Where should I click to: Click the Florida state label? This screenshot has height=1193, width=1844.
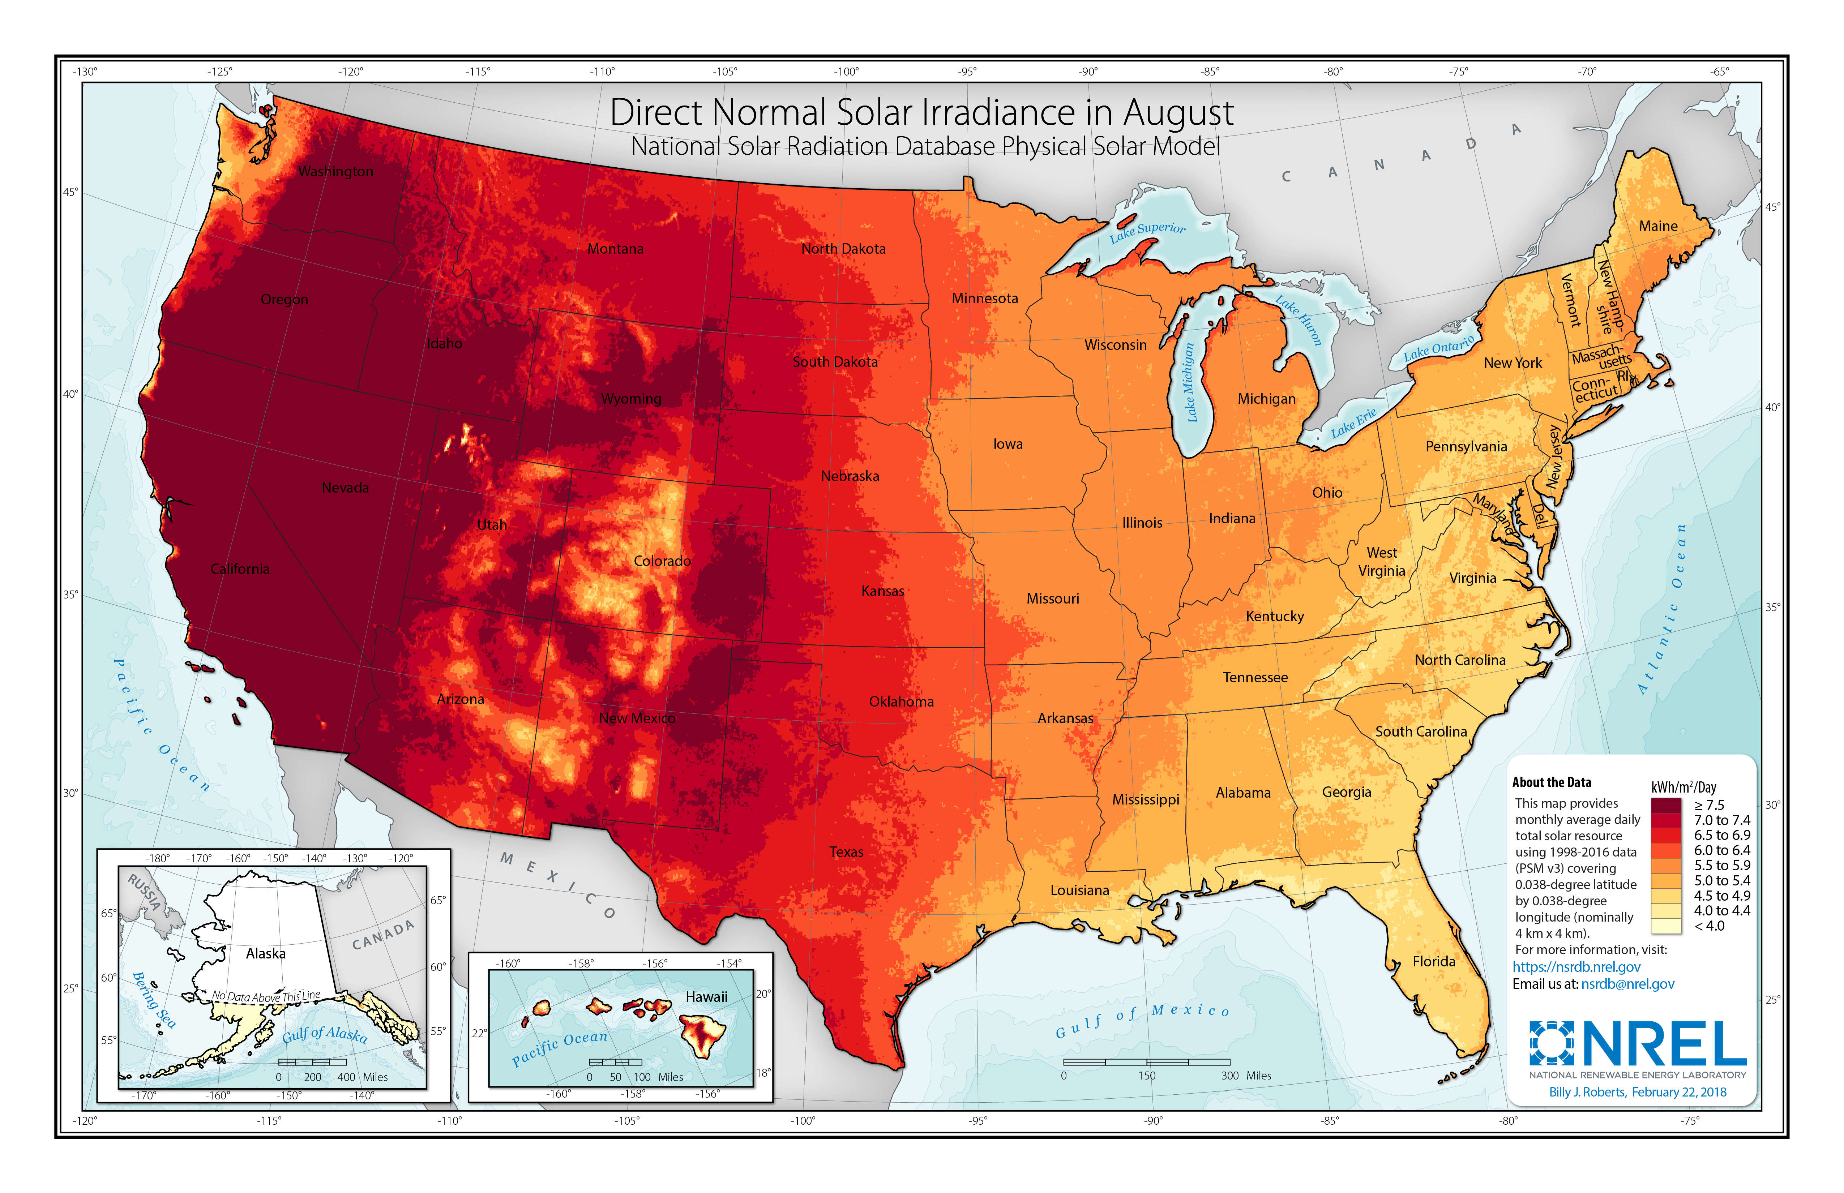coord(1433,961)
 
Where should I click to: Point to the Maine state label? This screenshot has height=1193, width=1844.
coord(1658,226)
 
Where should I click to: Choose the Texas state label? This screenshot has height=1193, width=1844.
coord(846,852)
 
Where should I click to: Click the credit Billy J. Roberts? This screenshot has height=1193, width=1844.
coord(1587,1092)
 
